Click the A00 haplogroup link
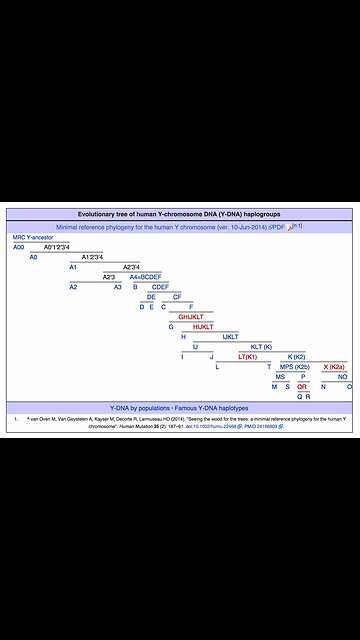pyautogui.click(x=18, y=246)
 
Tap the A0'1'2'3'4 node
pyautogui.click(x=58, y=246)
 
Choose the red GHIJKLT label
pyautogui.click(x=193, y=316)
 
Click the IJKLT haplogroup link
pyautogui.click(x=230, y=336)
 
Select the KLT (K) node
pyautogui.click(x=261, y=346)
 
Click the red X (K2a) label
pyautogui.click(x=333, y=367)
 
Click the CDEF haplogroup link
pyautogui.click(x=159, y=286)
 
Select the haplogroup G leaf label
pyautogui.click(x=171, y=326)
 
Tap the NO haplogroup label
pyautogui.click(x=342, y=377)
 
